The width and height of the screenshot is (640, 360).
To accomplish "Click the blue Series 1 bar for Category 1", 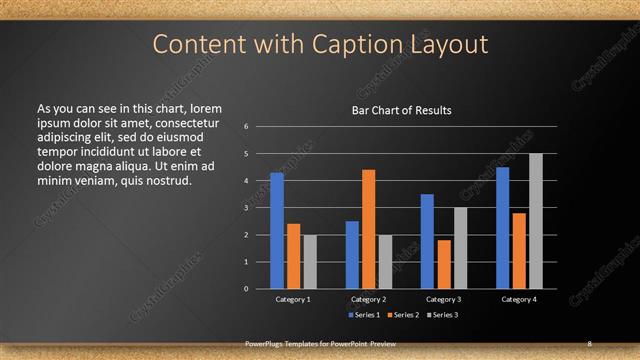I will (277, 231).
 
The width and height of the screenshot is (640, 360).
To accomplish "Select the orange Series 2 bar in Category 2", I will (368, 229).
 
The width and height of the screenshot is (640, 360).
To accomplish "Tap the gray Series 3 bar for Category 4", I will (535, 221).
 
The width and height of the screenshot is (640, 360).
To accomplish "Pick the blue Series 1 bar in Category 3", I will (427, 241).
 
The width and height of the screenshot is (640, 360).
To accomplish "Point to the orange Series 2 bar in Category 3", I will (443, 264).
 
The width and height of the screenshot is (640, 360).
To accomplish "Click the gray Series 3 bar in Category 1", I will (310, 262).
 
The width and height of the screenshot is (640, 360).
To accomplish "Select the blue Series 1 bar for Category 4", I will (502, 228).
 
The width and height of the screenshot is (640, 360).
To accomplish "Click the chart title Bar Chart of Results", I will (401, 110).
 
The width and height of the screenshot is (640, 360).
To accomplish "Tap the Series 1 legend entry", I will (364, 315).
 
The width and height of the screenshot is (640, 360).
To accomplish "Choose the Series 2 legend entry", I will (402, 315).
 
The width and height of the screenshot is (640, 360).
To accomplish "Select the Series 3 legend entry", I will (440, 315).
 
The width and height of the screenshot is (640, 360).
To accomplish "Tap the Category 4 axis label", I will (518, 299).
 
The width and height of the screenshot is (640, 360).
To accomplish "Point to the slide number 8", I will (590, 343).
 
